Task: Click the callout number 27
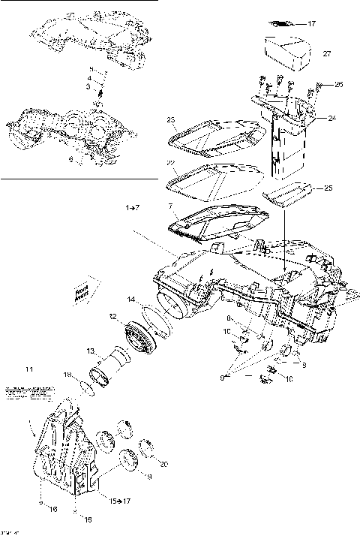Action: (x=327, y=54)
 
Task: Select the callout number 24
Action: (x=331, y=118)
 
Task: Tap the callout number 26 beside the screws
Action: (x=338, y=85)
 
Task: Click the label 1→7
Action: (x=133, y=205)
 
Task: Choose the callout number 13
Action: (x=90, y=350)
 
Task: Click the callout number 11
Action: (x=29, y=369)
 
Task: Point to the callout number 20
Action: (x=164, y=463)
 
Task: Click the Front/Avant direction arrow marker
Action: (x=82, y=293)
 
